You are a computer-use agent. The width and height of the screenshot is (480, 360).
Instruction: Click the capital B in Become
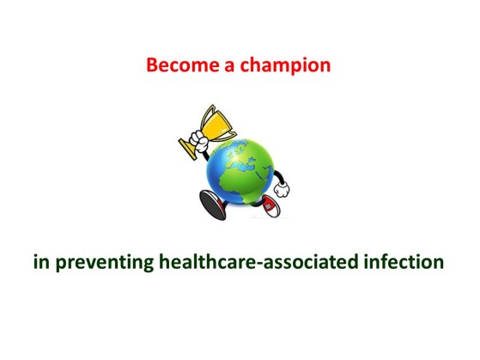tap(152, 65)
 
